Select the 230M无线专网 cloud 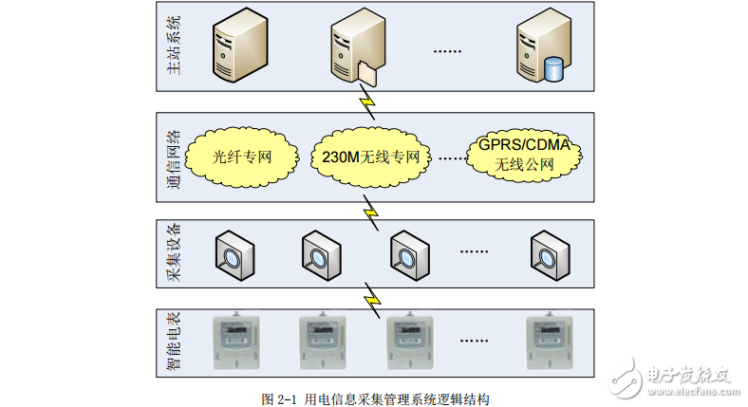(370, 156)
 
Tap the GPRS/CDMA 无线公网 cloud (523, 155)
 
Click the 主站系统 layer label (171, 46)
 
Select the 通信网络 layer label (171, 157)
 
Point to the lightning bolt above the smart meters (372, 296)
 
